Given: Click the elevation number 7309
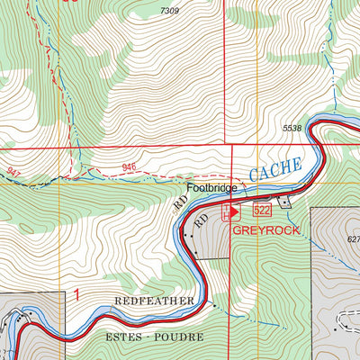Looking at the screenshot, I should [x=169, y=11].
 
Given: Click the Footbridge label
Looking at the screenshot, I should [x=211, y=189].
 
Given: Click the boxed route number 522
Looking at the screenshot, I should [x=262, y=211].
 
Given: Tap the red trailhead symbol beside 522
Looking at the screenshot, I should [x=234, y=211].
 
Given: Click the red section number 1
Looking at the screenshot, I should [x=77, y=293].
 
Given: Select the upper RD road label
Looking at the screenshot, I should [x=177, y=206].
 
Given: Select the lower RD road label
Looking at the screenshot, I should [x=202, y=219].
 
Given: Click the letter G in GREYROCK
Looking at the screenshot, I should [x=238, y=229].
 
